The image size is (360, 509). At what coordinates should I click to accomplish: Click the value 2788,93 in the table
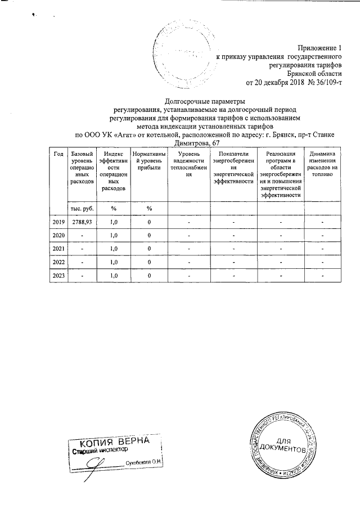click(x=79, y=222)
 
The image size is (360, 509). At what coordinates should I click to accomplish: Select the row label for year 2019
click(x=58, y=222)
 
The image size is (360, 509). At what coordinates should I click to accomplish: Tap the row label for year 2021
click(x=58, y=248)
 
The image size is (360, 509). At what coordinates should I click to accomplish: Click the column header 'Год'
click(x=58, y=154)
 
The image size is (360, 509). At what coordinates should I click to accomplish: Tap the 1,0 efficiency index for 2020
click(x=114, y=235)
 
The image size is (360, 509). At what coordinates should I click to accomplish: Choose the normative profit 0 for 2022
click(x=149, y=262)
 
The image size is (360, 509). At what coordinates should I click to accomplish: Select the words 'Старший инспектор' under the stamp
click(x=101, y=450)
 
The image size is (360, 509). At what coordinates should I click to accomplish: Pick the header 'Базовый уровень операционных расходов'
click(x=79, y=168)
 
